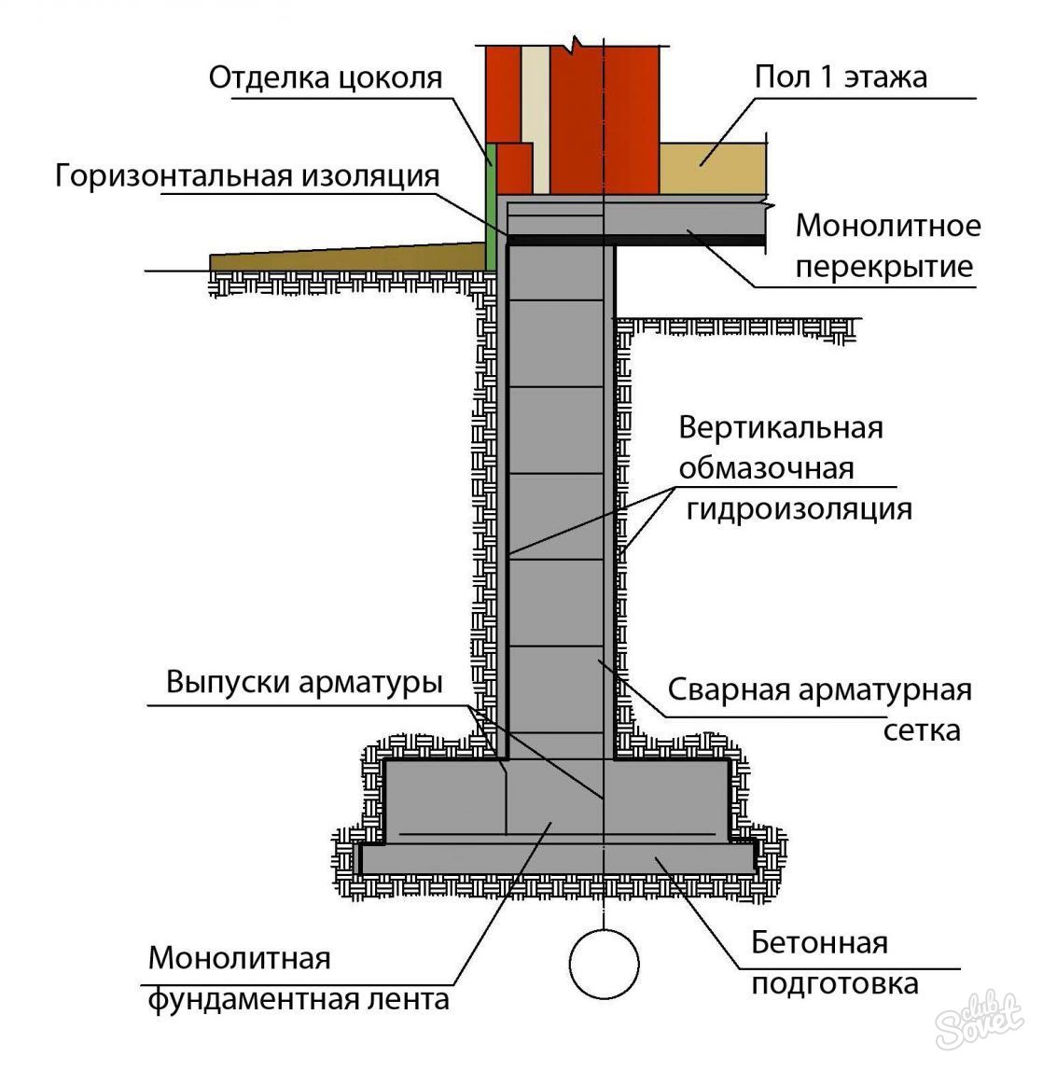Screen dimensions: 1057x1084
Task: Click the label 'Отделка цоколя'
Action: [325, 77]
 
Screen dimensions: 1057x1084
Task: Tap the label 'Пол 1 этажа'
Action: [840, 76]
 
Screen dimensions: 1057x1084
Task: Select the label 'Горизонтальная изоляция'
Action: [247, 176]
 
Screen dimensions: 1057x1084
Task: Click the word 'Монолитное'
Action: [887, 226]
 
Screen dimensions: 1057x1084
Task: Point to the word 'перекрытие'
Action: [884, 266]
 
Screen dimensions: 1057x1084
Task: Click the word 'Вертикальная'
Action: [781, 427]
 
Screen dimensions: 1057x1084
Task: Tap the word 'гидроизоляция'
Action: [799, 509]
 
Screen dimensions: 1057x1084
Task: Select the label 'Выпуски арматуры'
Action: [304, 682]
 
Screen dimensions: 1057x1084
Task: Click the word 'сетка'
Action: [922, 730]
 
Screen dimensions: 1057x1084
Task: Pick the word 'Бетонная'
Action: [819, 942]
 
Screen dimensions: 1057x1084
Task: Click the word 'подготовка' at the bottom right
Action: [834, 984]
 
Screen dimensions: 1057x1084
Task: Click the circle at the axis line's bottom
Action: [605, 965]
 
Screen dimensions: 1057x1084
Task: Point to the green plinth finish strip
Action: [491, 206]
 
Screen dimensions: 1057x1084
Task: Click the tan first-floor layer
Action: [712, 169]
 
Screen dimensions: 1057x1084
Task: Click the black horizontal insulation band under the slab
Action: [636, 240]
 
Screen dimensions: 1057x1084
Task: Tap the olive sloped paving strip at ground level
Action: [347, 257]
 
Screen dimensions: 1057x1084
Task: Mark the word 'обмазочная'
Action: [766, 468]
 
